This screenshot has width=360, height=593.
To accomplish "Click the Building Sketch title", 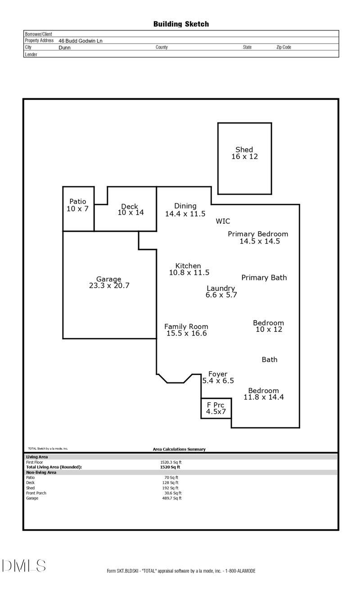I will coord(181,24).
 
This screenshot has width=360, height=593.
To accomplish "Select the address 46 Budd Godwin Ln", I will coord(81,41).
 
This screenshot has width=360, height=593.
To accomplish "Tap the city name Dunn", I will coord(64,47).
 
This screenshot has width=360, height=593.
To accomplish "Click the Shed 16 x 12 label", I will coord(244,153).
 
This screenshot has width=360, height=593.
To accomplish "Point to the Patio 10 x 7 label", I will coord(77,205).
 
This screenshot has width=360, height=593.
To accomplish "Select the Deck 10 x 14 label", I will coord(130,209).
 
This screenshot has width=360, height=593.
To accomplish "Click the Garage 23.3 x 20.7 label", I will coord(109,282).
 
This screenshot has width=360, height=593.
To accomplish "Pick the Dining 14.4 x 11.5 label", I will coord(185,210).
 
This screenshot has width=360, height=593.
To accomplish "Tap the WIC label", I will coord(223,221).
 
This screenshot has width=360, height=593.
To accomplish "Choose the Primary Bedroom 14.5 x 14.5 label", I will coord(258,237).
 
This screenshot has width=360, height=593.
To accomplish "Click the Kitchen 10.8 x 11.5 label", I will coord(189,269).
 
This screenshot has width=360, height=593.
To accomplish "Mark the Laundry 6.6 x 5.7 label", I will coord(221,292).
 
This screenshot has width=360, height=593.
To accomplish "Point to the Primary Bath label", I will coord(264,277).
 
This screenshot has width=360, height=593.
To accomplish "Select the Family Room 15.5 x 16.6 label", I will coord(186,330).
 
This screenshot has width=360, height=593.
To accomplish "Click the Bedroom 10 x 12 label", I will coord(268,326).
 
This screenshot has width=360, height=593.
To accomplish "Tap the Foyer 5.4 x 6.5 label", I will coord(218,377).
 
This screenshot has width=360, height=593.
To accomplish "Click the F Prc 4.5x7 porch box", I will coord(216,408).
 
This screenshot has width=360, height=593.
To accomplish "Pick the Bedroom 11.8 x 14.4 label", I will coord(264,394).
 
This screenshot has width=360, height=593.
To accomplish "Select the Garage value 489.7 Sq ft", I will coord(171,498).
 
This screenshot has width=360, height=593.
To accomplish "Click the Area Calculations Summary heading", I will coord(179,449).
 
